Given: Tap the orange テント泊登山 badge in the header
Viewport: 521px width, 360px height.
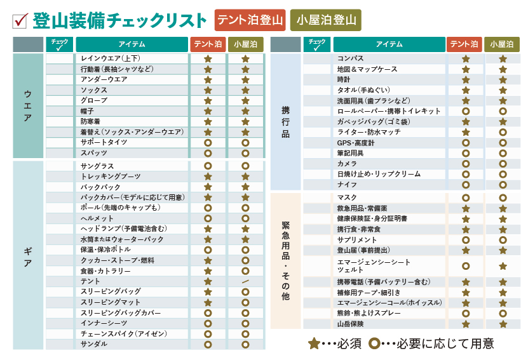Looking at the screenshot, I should tap(250, 20).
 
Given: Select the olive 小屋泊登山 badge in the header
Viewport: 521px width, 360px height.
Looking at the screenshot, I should tap(325, 20).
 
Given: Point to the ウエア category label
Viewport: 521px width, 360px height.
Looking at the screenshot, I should tap(27, 105).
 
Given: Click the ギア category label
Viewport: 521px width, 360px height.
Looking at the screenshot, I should tap(27, 255).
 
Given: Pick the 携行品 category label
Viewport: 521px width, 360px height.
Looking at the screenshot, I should tap(285, 121).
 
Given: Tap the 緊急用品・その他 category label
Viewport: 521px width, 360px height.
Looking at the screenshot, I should tap(285, 261).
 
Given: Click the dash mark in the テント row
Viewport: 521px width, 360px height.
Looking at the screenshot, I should tap(245, 281).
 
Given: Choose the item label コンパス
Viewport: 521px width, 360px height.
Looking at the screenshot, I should tap(350, 58).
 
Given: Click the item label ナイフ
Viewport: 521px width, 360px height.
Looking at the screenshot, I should tap(346, 184).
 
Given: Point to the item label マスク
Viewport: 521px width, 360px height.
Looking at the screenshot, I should tap(347, 197).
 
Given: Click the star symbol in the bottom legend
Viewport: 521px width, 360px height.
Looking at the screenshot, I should tap(314, 343).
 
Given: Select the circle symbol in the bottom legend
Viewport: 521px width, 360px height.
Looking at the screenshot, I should tap(376, 343).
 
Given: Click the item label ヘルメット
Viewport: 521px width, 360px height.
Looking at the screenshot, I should tap(97, 218).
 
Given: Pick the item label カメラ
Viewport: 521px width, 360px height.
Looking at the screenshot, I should tap(347, 163).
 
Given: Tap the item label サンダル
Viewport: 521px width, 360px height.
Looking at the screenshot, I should tap(93, 344).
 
